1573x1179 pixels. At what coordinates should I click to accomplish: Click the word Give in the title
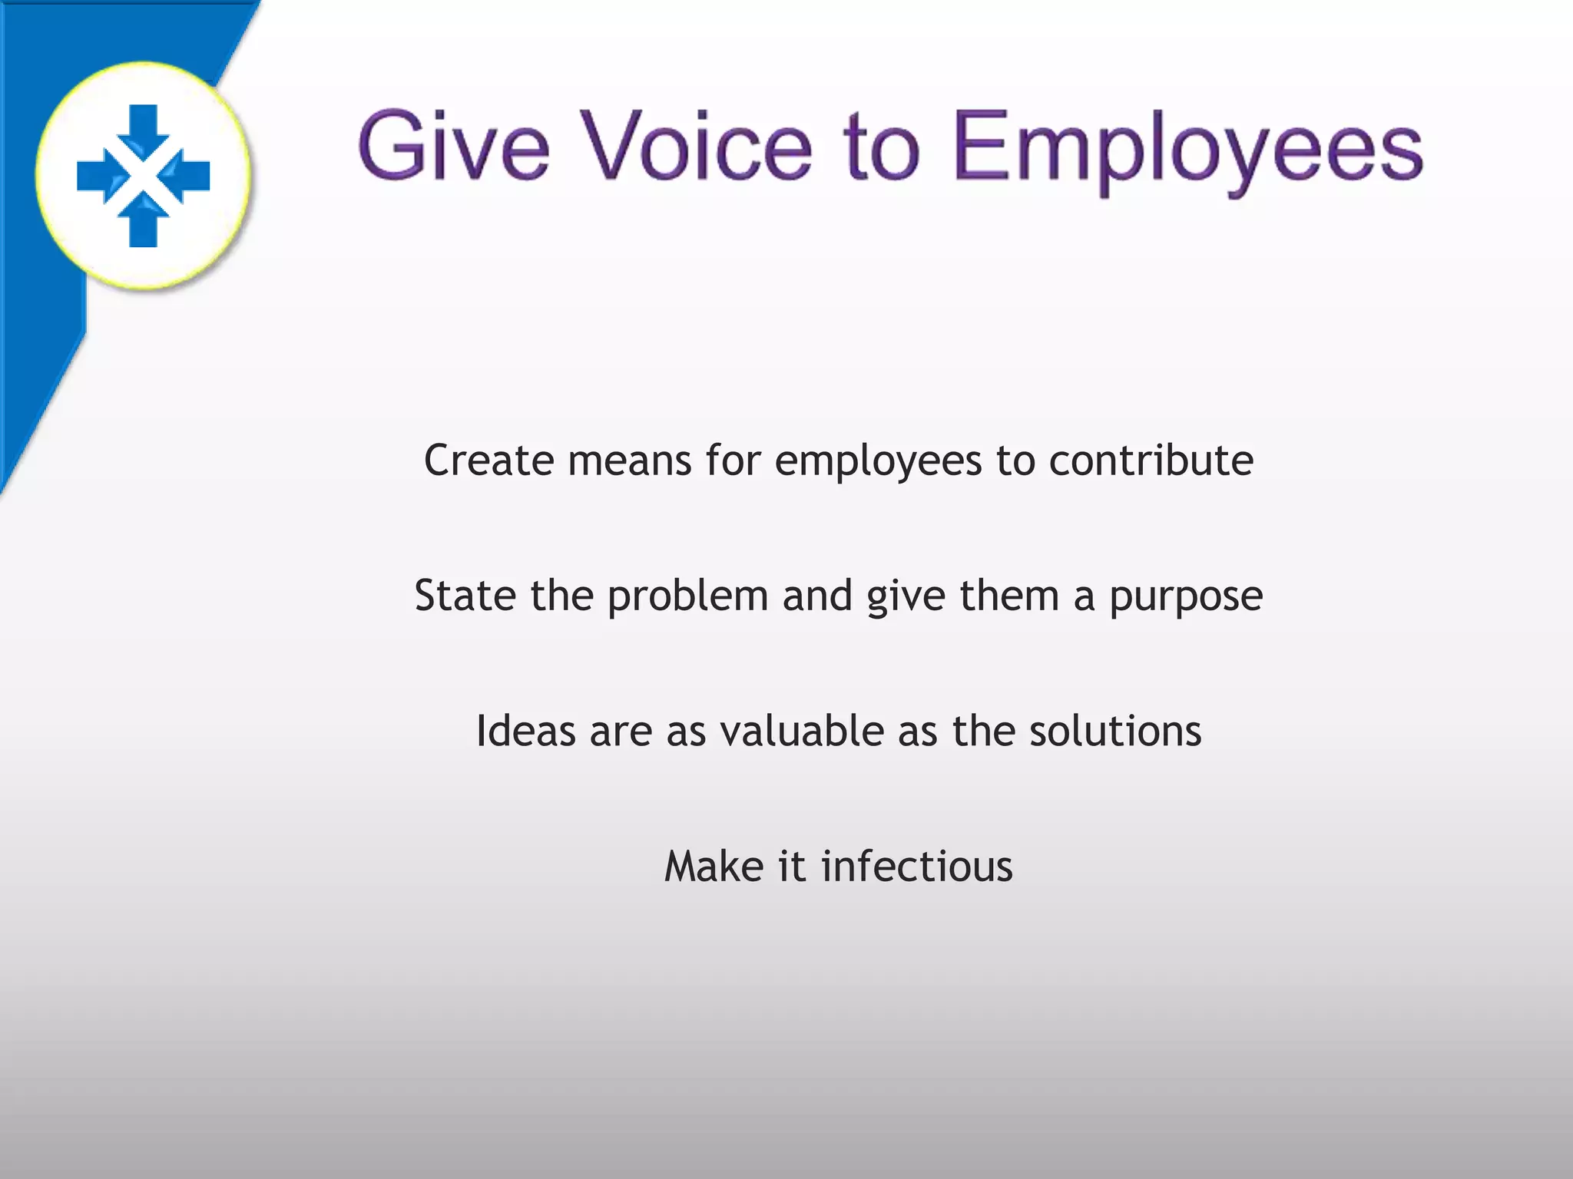tap(453, 146)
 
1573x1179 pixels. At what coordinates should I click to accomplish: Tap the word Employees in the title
tap(1187, 150)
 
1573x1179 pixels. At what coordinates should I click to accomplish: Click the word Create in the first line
tap(488, 461)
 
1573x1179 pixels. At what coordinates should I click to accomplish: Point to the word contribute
tap(1151, 461)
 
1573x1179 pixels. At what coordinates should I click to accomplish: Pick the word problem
tap(687, 597)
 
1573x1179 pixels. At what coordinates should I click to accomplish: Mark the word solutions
tap(1115, 731)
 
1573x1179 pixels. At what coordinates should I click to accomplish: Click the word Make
tap(714, 867)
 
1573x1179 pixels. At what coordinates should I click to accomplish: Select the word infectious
tap(917, 867)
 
